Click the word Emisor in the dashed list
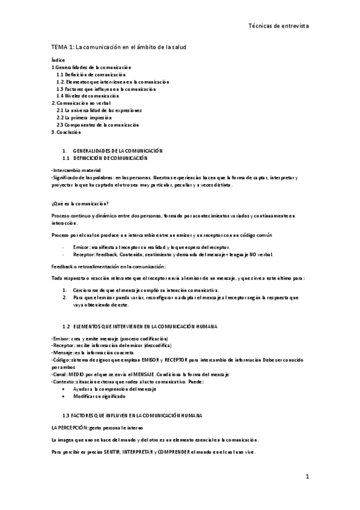click(x=81, y=247)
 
